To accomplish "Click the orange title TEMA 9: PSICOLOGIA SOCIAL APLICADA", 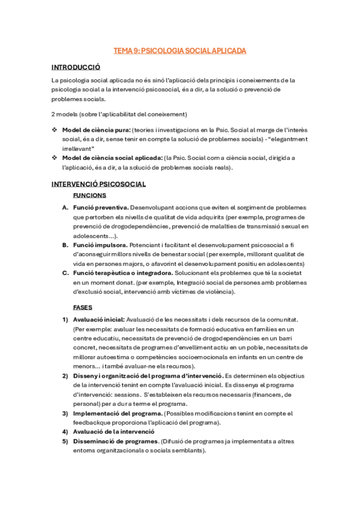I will [x=180, y=51].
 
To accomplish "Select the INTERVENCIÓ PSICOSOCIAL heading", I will [x=98, y=184].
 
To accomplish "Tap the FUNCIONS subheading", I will [x=90, y=195].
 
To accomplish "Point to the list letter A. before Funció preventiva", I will [x=65, y=207].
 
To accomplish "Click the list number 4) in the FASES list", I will [x=65, y=432].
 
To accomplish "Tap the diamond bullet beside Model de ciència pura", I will [x=55, y=130].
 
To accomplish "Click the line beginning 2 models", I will [x=120, y=114].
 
